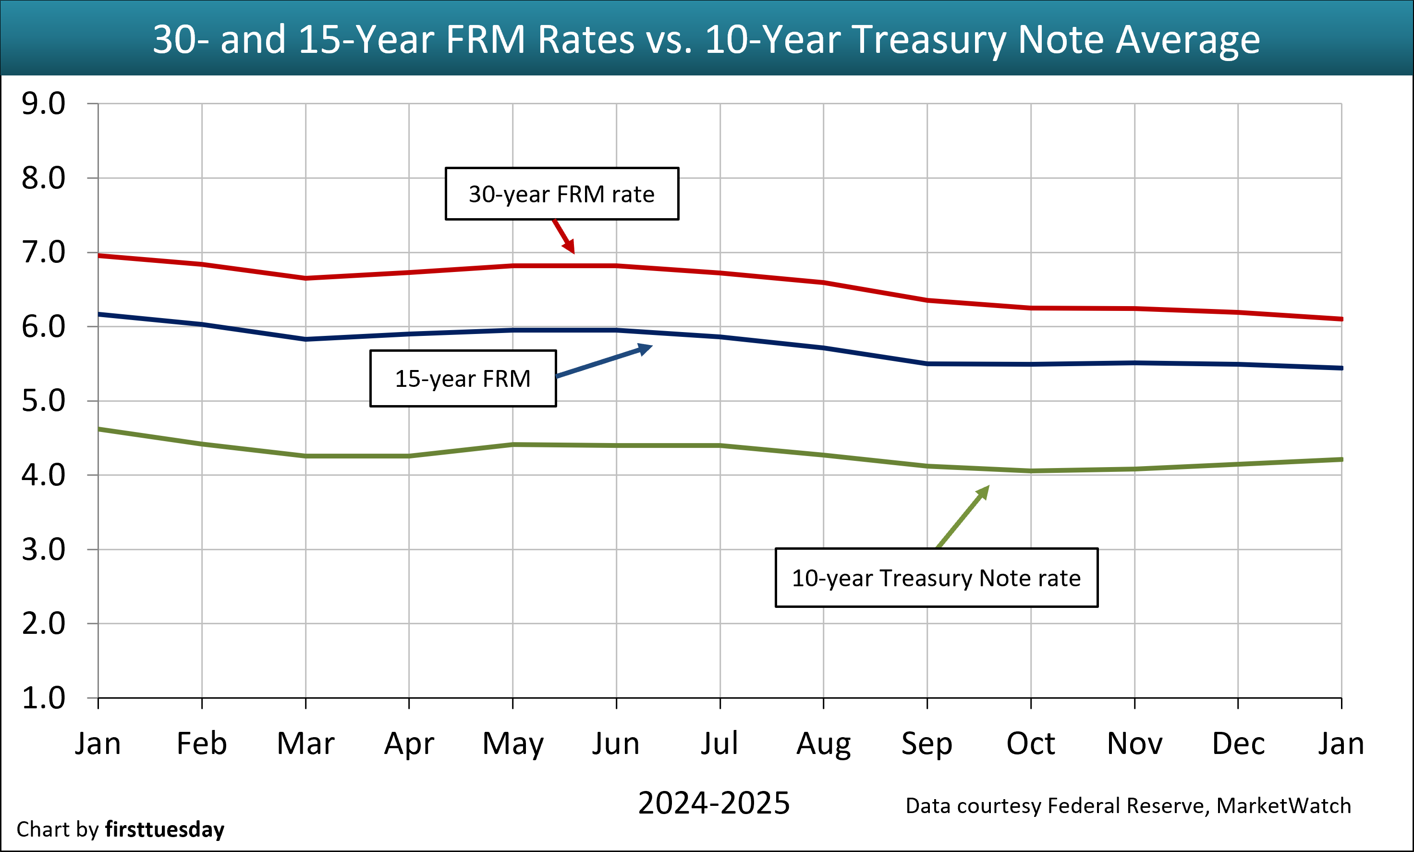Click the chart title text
707,39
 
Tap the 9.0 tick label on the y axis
44,104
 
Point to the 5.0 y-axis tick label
44,401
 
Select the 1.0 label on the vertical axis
44,698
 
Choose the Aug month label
824,743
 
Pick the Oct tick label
1031,743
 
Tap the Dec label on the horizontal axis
1238,743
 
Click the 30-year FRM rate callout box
562,194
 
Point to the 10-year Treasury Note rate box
937,578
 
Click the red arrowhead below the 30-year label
569,247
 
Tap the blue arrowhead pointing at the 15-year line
646,348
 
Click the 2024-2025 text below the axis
714,803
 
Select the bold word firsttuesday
165,829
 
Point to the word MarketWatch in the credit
1284,806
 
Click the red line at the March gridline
306,278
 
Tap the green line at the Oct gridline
1031,471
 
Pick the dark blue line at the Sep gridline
927,363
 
